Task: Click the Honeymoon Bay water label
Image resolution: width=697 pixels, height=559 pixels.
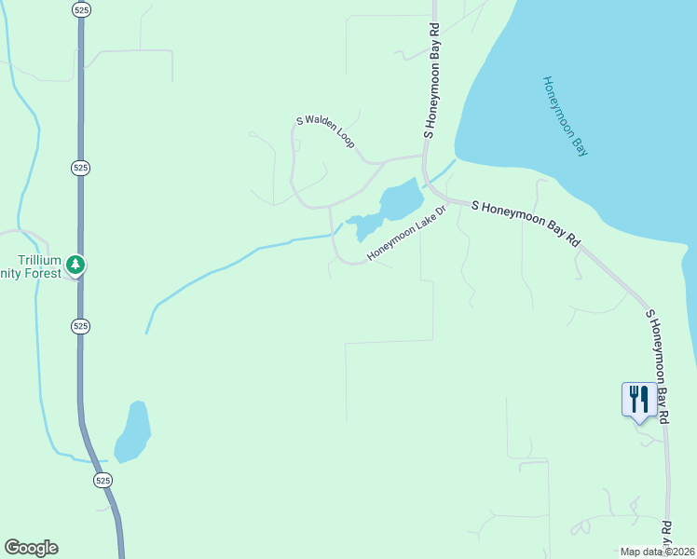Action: click(x=566, y=116)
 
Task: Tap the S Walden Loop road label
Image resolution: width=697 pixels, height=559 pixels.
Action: click(x=325, y=132)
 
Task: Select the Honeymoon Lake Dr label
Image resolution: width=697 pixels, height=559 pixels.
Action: click(x=407, y=234)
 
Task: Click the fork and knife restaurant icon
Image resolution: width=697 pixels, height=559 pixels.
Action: click(x=638, y=399)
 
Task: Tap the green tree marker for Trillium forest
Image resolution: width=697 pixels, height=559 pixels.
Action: click(x=76, y=266)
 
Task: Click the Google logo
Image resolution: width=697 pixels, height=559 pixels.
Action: click(x=31, y=548)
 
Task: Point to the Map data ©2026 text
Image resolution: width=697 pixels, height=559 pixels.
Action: click(x=657, y=551)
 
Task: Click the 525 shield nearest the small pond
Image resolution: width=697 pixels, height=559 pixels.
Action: click(x=102, y=480)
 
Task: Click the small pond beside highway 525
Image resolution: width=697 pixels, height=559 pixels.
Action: click(x=132, y=431)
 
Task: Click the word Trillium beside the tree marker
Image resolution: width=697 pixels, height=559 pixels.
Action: click(x=40, y=260)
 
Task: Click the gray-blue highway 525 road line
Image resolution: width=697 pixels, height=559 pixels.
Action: click(x=81, y=224)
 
